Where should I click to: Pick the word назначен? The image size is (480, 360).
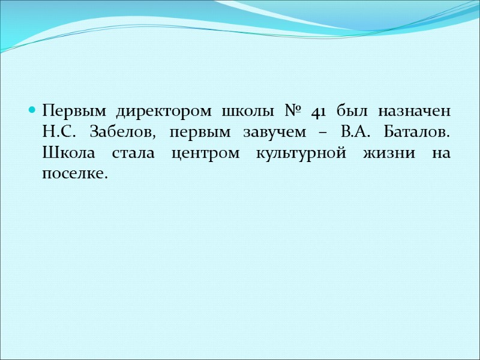pyautogui.click(x=414, y=112)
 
